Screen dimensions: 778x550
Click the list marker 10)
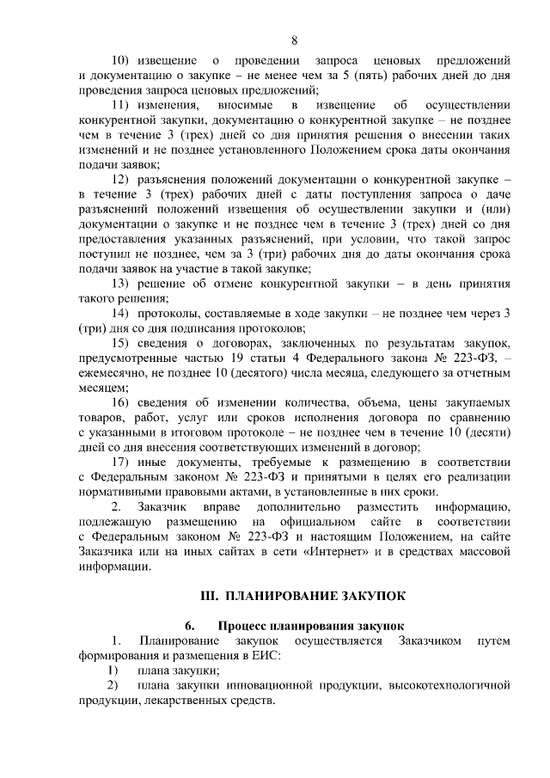[x=127, y=61]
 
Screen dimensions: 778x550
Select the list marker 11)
[x=127, y=105]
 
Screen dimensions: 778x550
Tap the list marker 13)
[x=127, y=282]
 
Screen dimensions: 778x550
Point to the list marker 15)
[x=127, y=342]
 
